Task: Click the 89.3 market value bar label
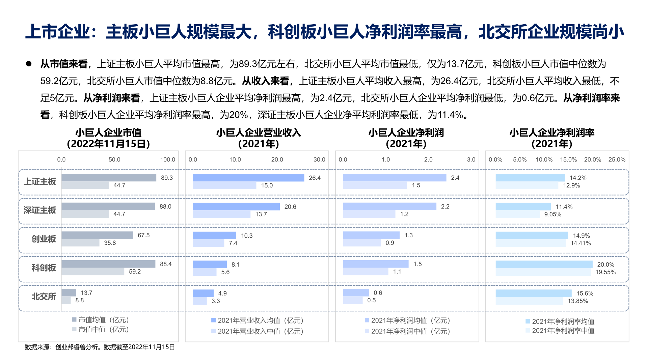167,178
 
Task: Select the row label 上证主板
40,182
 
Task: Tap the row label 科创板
44,268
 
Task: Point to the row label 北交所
44,297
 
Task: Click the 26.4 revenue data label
315,178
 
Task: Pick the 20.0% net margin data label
605,265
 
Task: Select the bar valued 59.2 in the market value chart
93,272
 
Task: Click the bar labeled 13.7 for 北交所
69,293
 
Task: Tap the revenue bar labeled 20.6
236,207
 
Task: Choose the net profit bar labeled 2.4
394,178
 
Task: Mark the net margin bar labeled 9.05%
517,214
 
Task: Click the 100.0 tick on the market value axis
167,160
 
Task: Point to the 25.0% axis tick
617,160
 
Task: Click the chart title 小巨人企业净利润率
552,133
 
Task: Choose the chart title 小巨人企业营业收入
259,133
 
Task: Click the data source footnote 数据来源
100,347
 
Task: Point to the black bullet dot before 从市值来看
29,64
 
